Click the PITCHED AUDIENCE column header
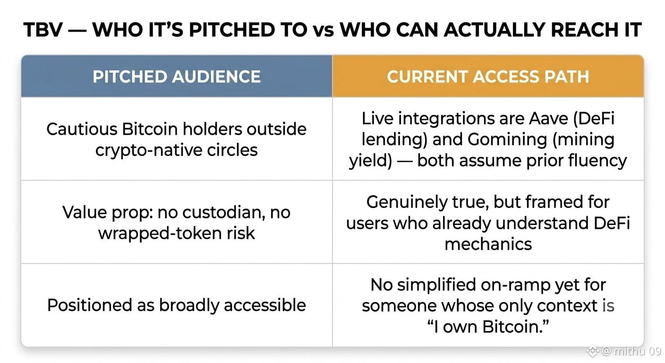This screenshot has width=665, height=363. (177, 77)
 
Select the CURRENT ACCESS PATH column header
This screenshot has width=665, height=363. (488, 77)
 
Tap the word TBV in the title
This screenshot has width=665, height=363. (43, 30)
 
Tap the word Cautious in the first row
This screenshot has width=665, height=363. (82, 129)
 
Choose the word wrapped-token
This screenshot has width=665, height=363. (160, 233)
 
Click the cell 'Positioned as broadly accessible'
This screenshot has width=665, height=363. (177, 305)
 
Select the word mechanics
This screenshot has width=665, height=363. (488, 244)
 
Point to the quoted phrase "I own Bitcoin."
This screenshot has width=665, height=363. (488, 327)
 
